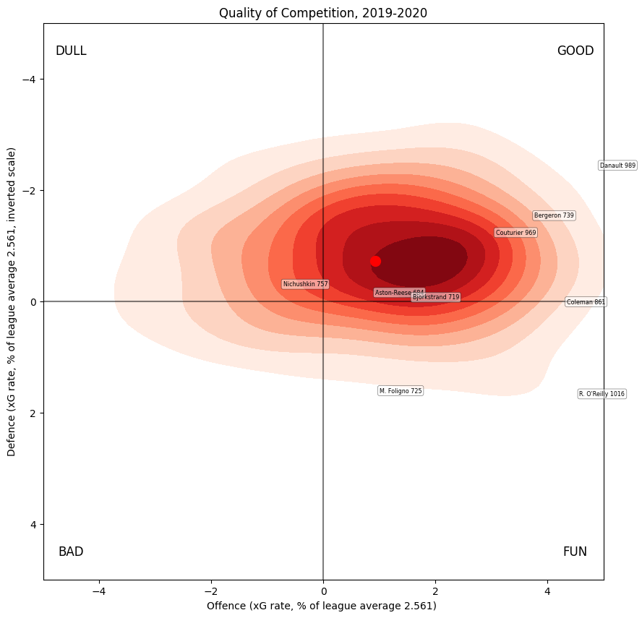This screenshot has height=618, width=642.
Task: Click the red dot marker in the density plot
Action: click(x=375, y=262)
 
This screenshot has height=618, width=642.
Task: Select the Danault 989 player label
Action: click(x=617, y=166)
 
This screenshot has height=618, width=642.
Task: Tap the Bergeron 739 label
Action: click(x=554, y=215)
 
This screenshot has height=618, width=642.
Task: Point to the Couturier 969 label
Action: click(x=515, y=233)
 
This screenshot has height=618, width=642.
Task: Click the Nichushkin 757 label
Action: click(x=305, y=284)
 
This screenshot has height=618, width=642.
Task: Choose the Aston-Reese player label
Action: click(x=398, y=293)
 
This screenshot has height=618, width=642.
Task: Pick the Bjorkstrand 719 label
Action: click(x=435, y=297)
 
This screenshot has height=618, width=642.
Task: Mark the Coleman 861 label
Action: click(x=586, y=302)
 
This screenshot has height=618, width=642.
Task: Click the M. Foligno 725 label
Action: click(x=400, y=391)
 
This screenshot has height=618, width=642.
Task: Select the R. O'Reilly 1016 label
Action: click(x=602, y=394)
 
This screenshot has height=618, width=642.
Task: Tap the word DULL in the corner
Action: click(x=71, y=51)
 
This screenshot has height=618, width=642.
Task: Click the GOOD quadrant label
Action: click(x=575, y=51)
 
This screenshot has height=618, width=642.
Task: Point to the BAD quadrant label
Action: click(x=71, y=552)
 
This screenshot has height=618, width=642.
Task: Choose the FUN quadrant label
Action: click(x=575, y=552)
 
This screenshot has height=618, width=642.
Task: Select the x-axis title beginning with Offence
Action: click(x=321, y=605)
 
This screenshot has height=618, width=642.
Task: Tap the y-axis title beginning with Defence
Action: click(x=12, y=302)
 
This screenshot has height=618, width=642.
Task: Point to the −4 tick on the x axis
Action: click(x=99, y=591)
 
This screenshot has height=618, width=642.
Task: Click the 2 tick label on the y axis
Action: click(x=32, y=413)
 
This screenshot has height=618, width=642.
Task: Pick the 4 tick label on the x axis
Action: click(x=547, y=591)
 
